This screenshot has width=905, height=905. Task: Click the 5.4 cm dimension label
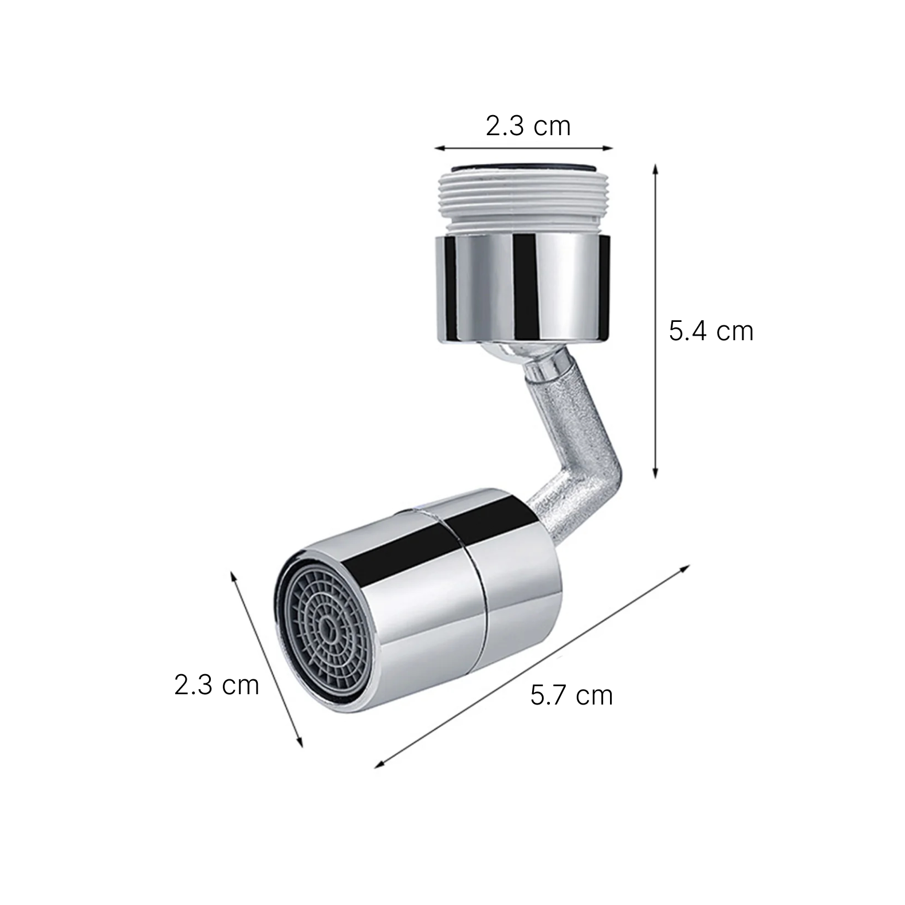click(711, 332)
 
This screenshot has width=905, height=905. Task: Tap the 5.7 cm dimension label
click(571, 695)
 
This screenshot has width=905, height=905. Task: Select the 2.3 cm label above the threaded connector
click(528, 126)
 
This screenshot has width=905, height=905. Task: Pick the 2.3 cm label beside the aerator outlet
click(217, 685)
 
